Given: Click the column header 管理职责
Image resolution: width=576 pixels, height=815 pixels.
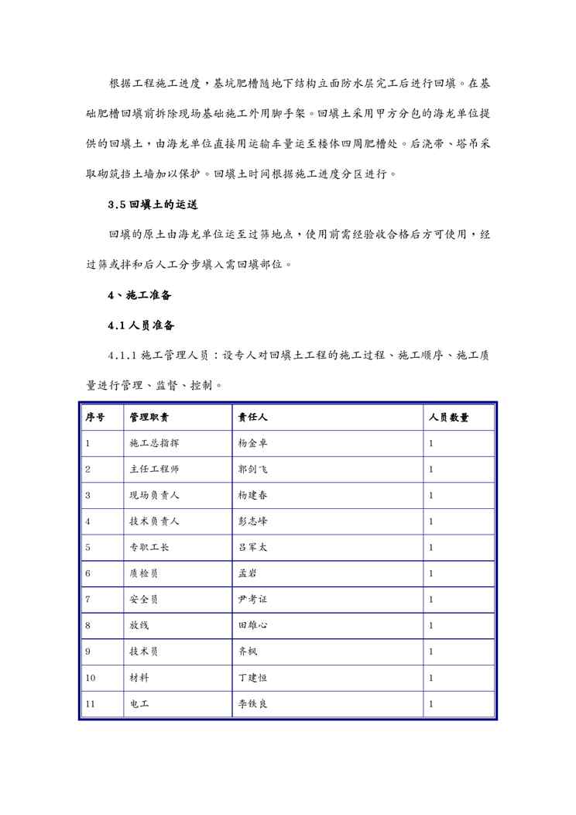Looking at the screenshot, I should [149, 418].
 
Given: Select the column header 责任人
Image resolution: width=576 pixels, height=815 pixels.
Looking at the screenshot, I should [253, 418].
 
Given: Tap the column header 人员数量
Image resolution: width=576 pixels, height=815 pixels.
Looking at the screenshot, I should [449, 418].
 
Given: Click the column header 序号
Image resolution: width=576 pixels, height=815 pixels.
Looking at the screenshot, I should [94, 418].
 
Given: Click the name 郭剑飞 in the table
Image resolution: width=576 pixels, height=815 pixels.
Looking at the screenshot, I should [253, 469].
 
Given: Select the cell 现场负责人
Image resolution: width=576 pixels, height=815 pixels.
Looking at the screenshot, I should [155, 496].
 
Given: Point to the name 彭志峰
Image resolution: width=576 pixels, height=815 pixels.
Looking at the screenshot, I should [253, 521].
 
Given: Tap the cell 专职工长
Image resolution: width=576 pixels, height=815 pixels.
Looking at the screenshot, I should [149, 548].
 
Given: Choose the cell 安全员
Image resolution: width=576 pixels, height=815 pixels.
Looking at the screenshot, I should [145, 600].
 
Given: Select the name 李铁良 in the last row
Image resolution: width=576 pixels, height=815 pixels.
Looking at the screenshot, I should [253, 704].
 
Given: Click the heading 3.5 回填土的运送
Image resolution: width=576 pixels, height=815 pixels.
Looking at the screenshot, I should [153, 205].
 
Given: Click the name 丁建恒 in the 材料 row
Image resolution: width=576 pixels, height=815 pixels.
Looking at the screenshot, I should [253, 678].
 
